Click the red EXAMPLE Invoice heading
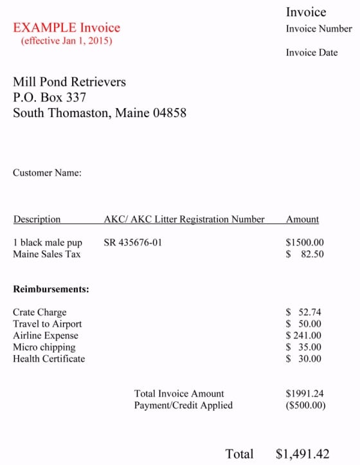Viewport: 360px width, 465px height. pos(66,28)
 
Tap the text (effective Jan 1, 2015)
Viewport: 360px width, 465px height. pos(66,41)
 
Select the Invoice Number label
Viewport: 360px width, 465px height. pos(319,29)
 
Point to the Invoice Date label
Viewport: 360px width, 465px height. pos(312,53)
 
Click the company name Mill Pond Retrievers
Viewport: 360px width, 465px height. pos(69,82)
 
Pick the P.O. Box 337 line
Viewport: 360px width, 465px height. pos(50,98)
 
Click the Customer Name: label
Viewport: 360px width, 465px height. pos(47,173)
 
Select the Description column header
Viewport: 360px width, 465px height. pos(37,219)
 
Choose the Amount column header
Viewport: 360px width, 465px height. pos(302,219)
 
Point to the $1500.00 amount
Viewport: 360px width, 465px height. pos(305,243)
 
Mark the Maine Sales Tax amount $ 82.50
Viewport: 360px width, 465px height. pos(305,255)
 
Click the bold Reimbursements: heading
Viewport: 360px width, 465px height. pos(51,289)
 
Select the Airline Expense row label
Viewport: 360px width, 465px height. pos(46,336)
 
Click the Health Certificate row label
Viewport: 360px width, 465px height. pos(49,359)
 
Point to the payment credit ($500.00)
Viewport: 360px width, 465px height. pos(305,405)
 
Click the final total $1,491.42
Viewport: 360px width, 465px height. pos(302,454)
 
